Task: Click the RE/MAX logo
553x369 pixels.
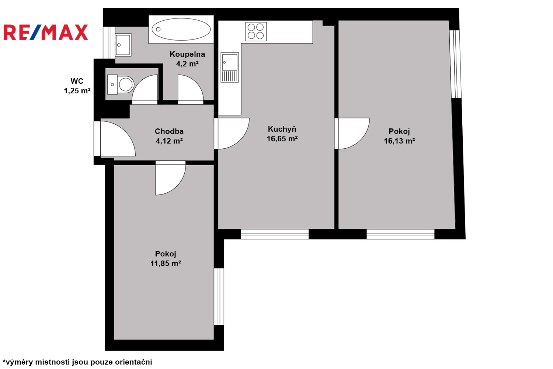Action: point(46,32)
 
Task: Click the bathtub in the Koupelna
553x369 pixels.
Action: point(181,30)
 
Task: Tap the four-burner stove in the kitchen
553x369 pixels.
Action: point(256,32)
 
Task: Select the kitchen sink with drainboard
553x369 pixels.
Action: point(230,67)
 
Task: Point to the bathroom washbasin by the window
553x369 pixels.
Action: point(123,45)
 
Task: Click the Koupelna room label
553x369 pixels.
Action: point(187,54)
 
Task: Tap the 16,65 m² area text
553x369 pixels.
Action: point(282,139)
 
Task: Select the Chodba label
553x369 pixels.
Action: point(169,131)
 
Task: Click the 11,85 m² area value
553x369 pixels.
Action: point(166,263)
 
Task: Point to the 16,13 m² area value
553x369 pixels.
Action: point(399,141)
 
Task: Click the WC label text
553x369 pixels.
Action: point(77,81)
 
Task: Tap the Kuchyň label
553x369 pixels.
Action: point(282,129)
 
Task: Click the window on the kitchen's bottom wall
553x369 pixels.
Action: point(275,234)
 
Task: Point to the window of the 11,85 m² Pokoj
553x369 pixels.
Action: point(219,297)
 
